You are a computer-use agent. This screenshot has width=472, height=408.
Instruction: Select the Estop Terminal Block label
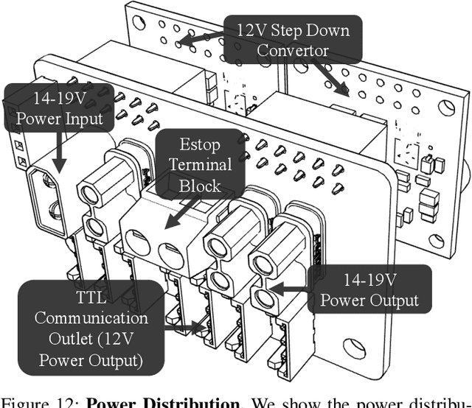point(201,164)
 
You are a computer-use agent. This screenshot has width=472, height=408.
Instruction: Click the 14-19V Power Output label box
point(371,290)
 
